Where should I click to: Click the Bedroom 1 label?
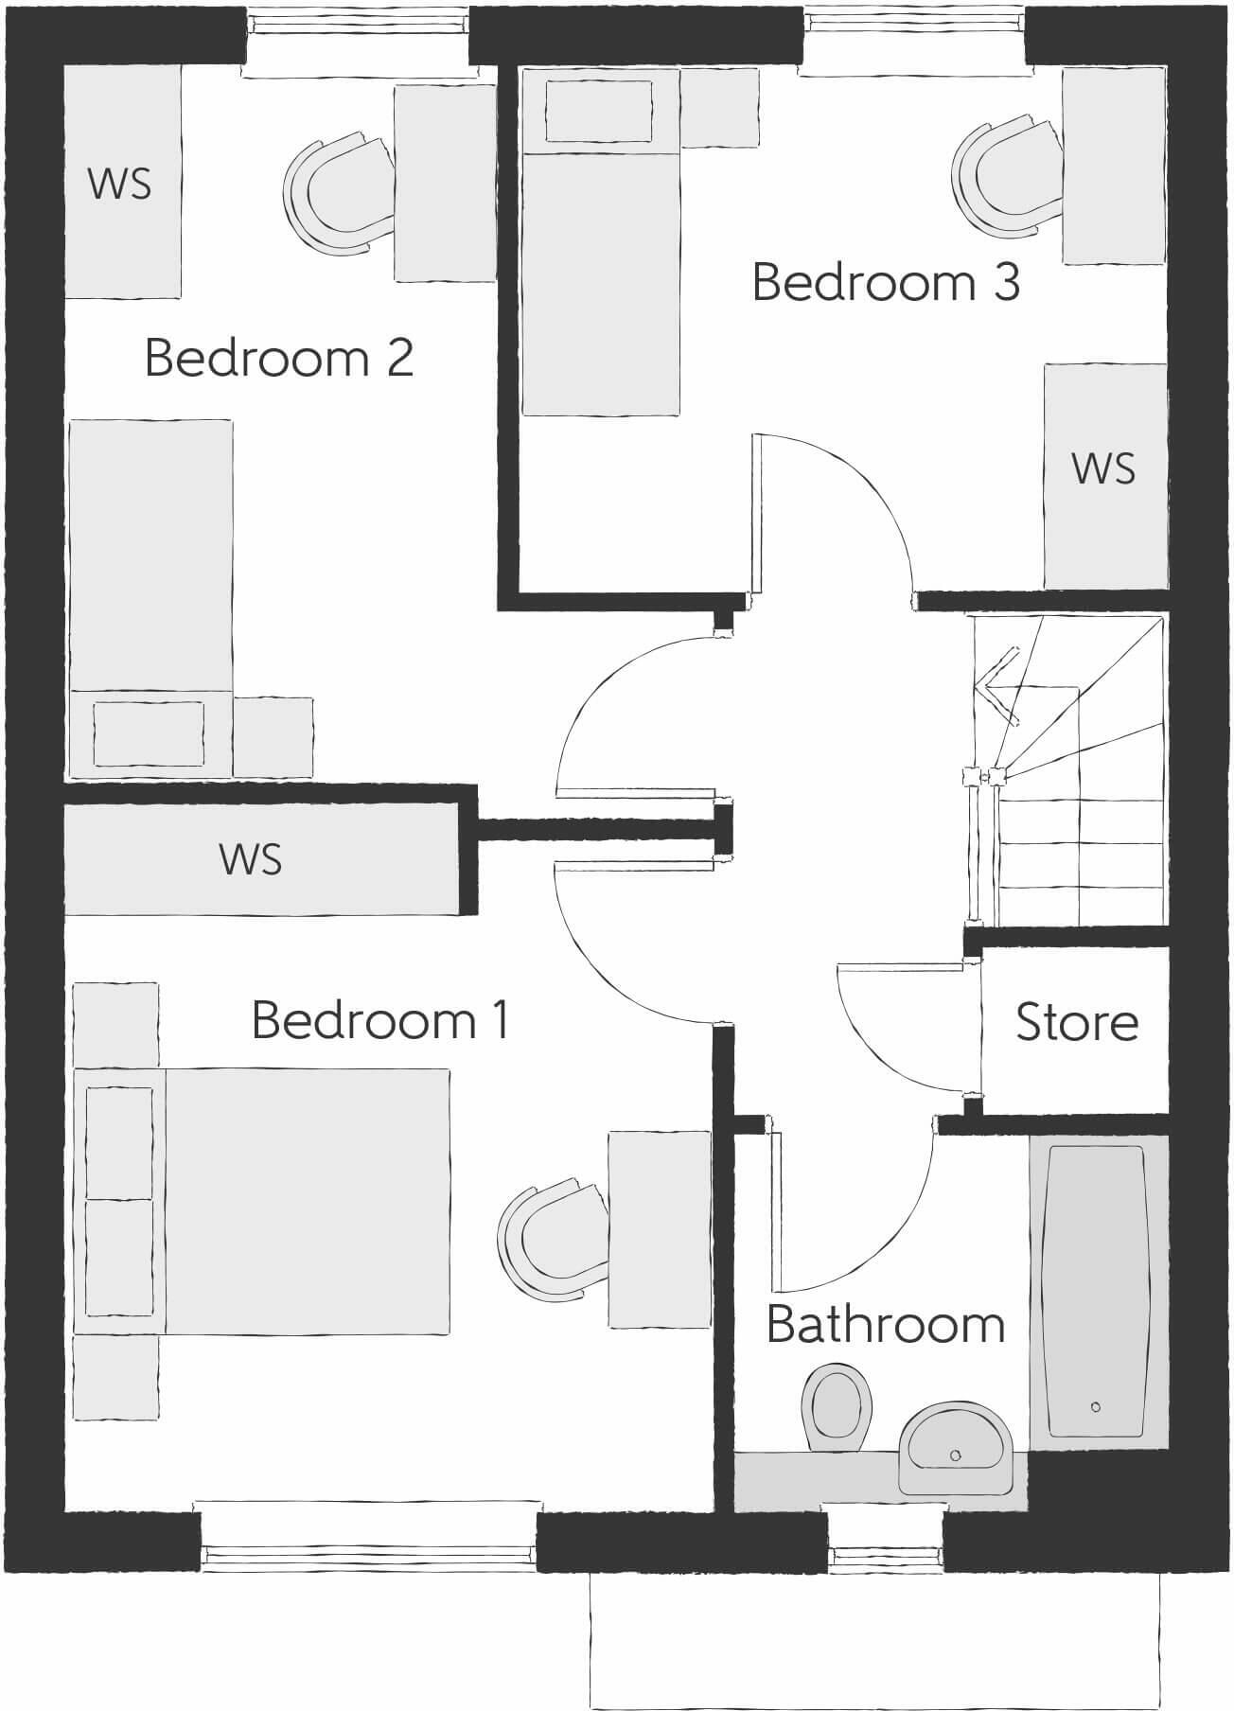pos(380,1021)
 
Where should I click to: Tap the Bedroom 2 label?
pos(279,359)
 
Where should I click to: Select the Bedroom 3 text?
pos(886,283)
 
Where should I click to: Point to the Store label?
pos(1076,1023)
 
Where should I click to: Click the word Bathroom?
pos(885,1324)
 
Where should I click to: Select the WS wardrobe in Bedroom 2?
pos(121,182)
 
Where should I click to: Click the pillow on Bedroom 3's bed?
pos(599,112)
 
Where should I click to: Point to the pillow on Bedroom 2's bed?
pos(149,733)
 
